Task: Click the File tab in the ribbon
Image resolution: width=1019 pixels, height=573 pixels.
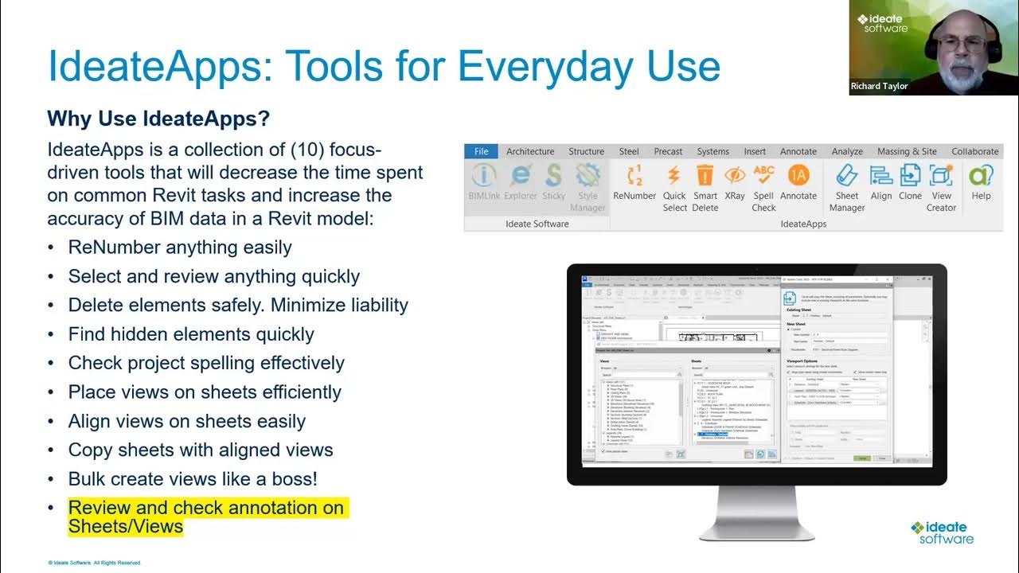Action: (x=481, y=151)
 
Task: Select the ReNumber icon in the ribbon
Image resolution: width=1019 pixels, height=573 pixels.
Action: (x=634, y=176)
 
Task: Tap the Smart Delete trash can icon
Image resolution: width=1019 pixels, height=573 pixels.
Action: (x=705, y=176)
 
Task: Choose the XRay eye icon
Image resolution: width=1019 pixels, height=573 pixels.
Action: (x=735, y=176)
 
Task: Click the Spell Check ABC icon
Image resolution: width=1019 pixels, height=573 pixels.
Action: (x=763, y=175)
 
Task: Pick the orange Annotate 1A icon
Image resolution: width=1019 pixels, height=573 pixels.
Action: (x=798, y=175)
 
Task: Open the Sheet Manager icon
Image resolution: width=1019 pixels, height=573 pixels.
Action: (x=846, y=176)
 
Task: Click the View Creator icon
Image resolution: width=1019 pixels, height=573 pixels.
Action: (x=941, y=176)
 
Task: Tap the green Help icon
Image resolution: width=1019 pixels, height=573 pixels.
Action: (x=981, y=175)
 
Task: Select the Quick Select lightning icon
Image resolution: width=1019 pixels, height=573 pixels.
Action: (x=674, y=176)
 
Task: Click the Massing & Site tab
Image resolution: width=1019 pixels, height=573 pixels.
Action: (x=907, y=151)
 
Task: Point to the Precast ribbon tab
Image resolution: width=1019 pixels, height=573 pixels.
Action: (x=668, y=151)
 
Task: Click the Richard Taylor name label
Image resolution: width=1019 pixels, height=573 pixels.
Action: (x=879, y=86)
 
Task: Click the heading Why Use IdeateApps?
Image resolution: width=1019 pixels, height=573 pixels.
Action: (x=158, y=119)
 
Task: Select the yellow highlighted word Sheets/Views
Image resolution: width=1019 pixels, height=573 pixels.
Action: (x=126, y=527)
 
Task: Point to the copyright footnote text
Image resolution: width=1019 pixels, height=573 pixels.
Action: (x=94, y=563)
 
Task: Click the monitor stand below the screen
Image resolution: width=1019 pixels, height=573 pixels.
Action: (x=756, y=509)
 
